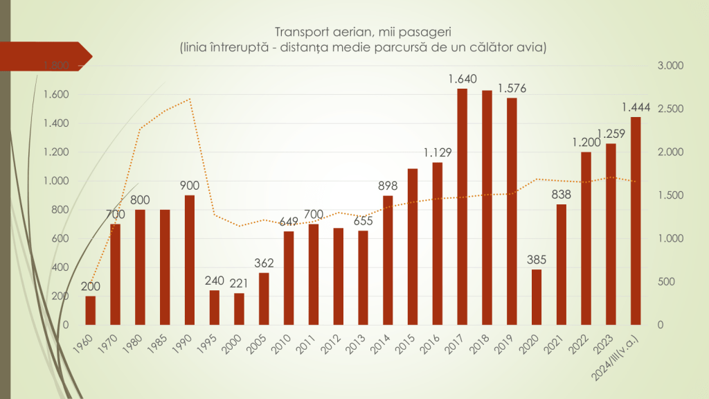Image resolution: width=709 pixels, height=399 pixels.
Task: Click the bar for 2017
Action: [x=463, y=206]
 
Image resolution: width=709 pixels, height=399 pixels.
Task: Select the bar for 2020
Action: [x=537, y=296]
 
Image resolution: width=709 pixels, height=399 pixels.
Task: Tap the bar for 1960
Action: [x=90, y=310]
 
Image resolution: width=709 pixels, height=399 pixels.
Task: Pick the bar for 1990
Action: [x=190, y=260]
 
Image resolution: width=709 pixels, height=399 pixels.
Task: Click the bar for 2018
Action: [x=487, y=207]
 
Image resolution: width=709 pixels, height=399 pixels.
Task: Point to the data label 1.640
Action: [x=463, y=79]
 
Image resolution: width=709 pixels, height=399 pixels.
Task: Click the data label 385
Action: [x=537, y=260]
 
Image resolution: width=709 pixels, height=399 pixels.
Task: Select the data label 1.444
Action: [x=635, y=107]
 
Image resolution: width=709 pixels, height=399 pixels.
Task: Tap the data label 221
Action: [x=239, y=283]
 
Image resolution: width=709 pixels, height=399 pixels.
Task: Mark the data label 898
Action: [x=388, y=186]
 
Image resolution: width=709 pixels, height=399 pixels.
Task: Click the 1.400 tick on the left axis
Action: [x=56, y=123]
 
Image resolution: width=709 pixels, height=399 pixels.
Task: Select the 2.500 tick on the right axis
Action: [x=670, y=109]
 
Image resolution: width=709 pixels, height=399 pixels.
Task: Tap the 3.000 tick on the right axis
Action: [x=670, y=66]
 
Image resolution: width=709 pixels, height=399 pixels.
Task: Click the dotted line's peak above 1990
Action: [x=190, y=99]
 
